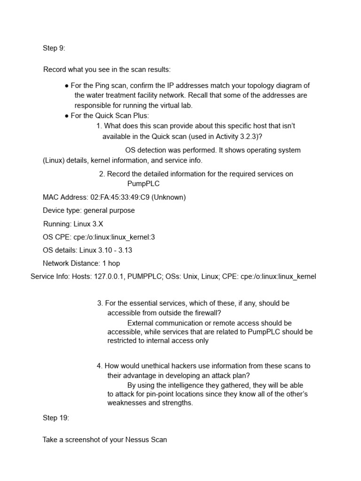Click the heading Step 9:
pyautogui.click(x=54, y=48)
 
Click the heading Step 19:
pyautogui.click(x=56, y=418)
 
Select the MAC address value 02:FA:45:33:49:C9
pyautogui.click(x=118, y=197)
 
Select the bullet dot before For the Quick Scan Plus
pyautogui.click(x=67, y=116)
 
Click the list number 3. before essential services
pyautogui.click(x=100, y=303)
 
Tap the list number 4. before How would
pyautogui.click(x=100, y=366)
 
